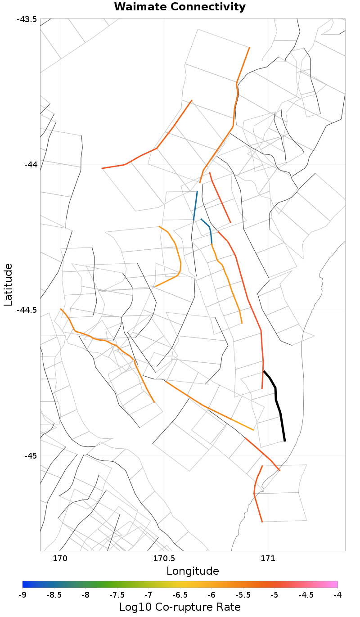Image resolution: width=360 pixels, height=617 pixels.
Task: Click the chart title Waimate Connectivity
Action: click(180, 7)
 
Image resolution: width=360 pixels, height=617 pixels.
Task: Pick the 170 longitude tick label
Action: click(60, 558)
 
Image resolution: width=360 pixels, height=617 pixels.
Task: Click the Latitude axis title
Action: click(8, 285)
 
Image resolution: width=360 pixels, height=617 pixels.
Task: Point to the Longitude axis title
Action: click(193, 571)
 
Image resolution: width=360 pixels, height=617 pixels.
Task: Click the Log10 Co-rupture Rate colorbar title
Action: click(180, 607)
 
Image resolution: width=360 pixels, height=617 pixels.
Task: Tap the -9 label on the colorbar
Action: click(22, 595)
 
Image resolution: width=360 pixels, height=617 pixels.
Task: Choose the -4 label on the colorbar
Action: click(337, 595)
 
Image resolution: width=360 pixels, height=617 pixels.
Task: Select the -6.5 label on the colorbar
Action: click(180, 595)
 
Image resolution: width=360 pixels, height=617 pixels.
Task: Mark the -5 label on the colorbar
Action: click(274, 595)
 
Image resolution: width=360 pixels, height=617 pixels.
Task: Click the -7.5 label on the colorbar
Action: click(117, 595)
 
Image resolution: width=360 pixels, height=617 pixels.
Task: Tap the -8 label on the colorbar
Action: click(85, 595)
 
